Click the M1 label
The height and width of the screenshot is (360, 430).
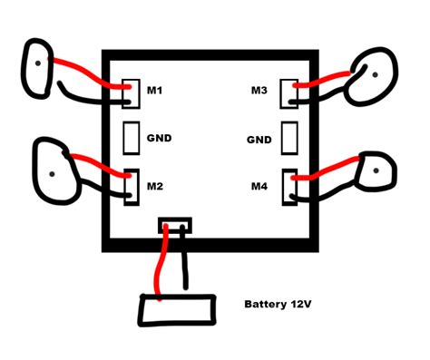[x=154, y=91]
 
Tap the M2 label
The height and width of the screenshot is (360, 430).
[x=154, y=187]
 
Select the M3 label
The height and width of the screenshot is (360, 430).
[x=259, y=91]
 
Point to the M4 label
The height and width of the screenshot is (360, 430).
[x=259, y=187]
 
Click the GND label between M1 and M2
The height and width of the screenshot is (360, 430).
[x=159, y=139]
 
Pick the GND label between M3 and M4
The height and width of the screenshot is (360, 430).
[x=259, y=140]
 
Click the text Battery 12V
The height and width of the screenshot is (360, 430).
[x=282, y=306]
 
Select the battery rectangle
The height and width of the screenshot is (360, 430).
[x=178, y=310]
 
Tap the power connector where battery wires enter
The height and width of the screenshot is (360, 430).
[x=174, y=224]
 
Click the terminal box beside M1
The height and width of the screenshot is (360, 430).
[x=131, y=92]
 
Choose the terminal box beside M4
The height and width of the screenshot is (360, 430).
[x=290, y=185]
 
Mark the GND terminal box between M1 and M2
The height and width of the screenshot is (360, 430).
[x=131, y=138]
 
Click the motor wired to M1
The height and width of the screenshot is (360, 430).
[x=41, y=66]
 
